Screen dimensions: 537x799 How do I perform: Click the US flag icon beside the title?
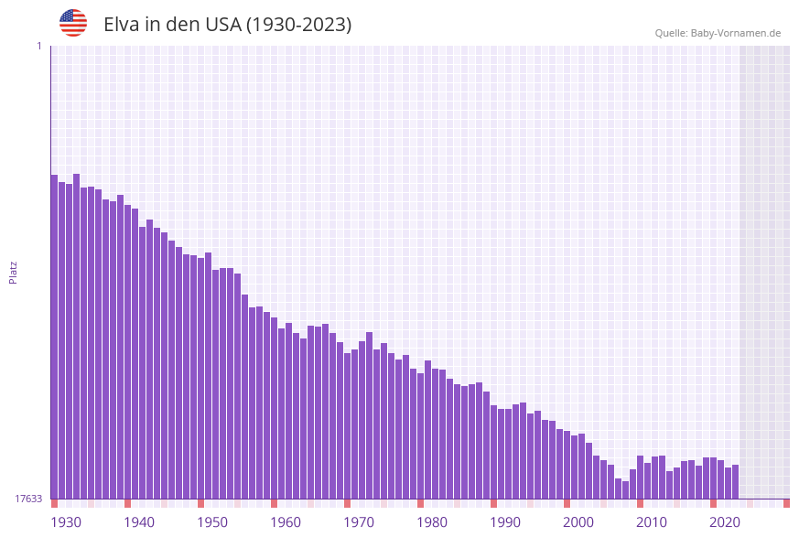click(73, 23)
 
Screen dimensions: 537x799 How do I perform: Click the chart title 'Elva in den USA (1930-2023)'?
click(227, 25)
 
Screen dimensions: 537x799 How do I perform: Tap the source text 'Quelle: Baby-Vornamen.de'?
click(718, 33)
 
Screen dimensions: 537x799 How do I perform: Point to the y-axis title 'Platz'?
click(14, 272)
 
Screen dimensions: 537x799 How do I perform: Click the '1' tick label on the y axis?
click(38, 46)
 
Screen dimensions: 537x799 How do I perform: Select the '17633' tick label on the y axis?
click(28, 499)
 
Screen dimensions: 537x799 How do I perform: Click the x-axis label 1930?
click(66, 522)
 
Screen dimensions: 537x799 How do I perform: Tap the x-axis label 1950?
click(212, 522)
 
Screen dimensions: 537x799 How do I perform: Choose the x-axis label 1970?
click(359, 522)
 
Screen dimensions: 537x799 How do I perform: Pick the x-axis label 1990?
click(505, 522)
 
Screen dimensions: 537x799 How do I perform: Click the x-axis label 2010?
click(652, 522)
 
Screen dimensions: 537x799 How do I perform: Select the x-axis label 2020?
click(725, 522)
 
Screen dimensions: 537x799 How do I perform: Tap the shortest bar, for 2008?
click(625, 490)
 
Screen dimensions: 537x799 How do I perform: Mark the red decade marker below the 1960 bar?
click(274, 503)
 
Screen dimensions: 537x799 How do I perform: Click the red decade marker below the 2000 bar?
click(567, 503)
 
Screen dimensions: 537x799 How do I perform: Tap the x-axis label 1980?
click(432, 522)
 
